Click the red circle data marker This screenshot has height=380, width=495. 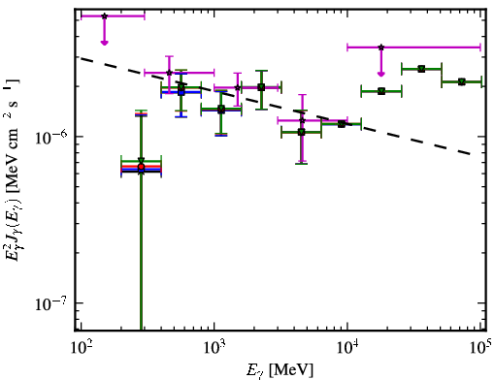click(x=141, y=167)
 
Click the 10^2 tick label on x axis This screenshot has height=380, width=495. click(x=81, y=348)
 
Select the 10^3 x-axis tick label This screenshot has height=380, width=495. click(x=214, y=348)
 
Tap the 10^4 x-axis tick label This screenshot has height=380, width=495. click(x=347, y=348)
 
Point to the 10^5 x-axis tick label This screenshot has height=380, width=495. click(x=481, y=348)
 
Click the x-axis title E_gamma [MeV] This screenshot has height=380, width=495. click(x=280, y=370)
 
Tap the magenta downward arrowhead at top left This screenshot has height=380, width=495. click(x=104, y=43)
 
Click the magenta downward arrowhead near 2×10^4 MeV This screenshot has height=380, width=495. click(x=381, y=75)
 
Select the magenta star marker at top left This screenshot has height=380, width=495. click(x=104, y=16)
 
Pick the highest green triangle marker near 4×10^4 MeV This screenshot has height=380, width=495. click(x=421, y=69)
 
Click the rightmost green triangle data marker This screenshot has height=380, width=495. click(x=462, y=81)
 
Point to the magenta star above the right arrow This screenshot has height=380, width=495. click(x=381, y=47)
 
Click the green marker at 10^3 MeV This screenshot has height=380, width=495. click(x=221, y=109)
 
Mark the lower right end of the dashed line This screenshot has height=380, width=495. click(x=470, y=154)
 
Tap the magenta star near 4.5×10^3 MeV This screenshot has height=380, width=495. click(x=302, y=120)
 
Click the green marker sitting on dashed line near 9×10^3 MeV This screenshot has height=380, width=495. click(x=342, y=124)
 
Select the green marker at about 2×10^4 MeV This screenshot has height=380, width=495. click(x=381, y=91)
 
